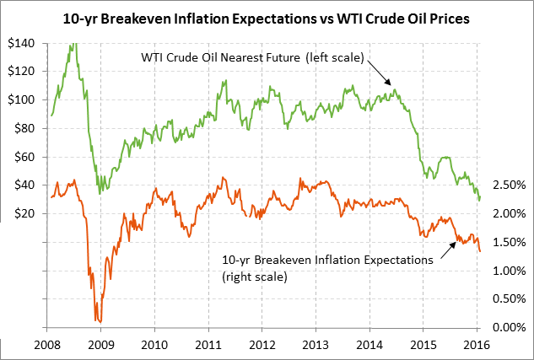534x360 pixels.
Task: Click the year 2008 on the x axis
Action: (48, 344)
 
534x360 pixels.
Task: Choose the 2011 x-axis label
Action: (208, 344)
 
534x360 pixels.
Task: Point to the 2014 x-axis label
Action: (369, 344)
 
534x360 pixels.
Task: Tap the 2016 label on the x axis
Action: (477, 344)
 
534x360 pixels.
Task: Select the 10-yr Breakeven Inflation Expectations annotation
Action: (326, 260)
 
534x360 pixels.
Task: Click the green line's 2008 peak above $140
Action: (76, 42)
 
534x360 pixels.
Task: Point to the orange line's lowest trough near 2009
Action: (100, 321)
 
